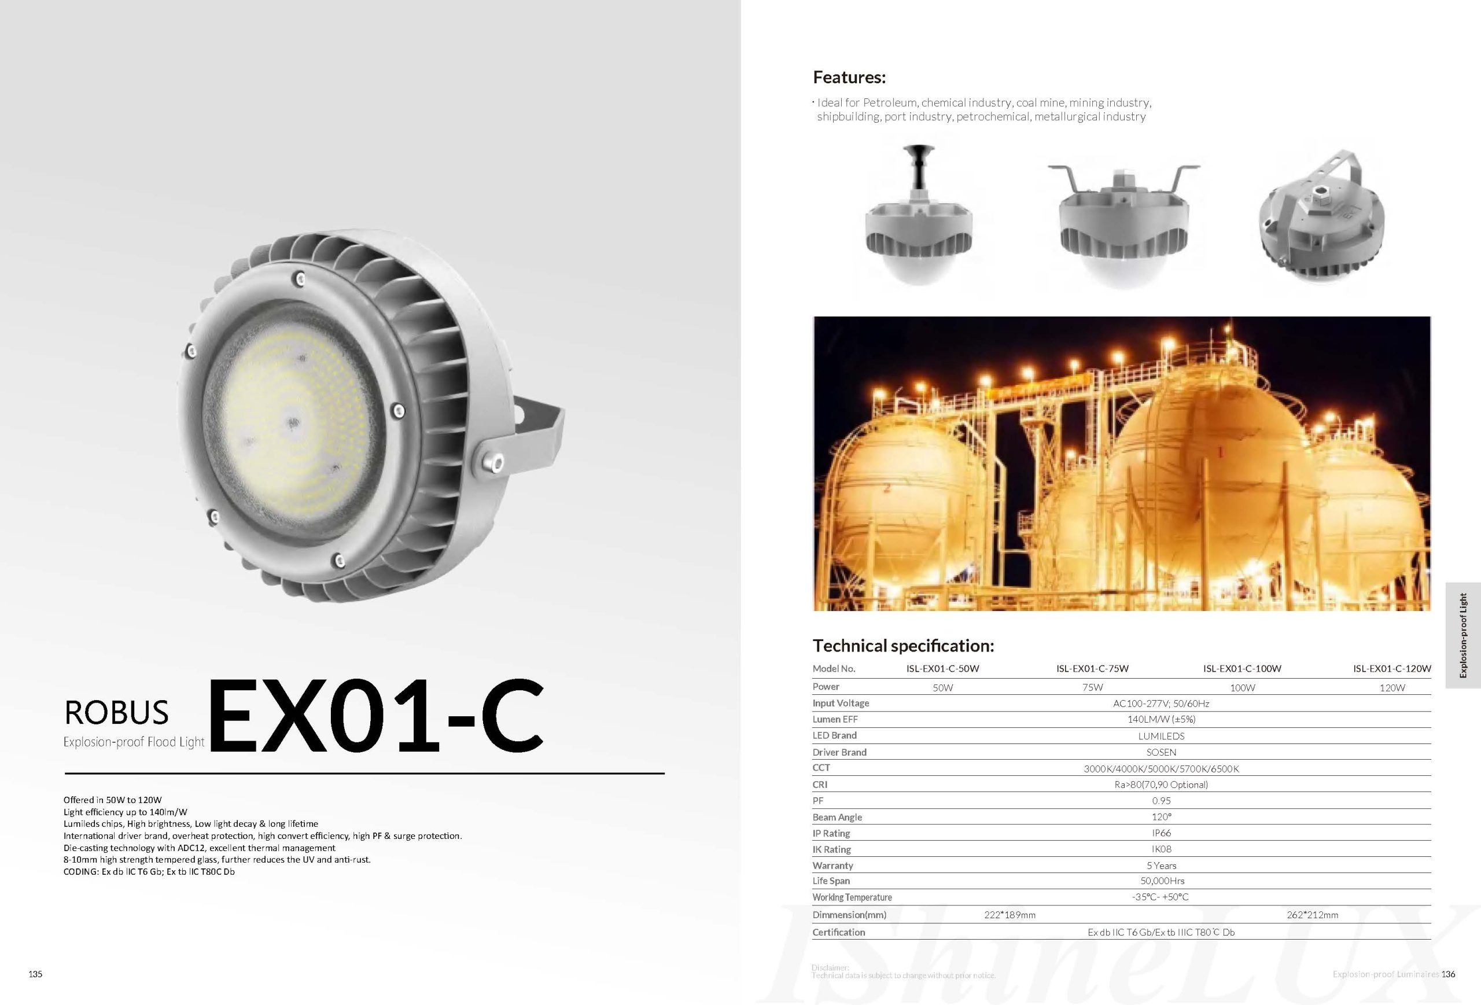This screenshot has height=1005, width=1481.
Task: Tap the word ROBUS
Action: (x=117, y=712)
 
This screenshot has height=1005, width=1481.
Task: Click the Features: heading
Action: (x=849, y=78)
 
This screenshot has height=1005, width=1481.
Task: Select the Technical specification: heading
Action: (x=903, y=646)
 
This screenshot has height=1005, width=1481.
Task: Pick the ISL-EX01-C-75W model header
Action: (x=1092, y=668)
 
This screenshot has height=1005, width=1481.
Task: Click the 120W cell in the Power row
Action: (x=1392, y=687)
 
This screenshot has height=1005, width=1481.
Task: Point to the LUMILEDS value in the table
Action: (x=1161, y=736)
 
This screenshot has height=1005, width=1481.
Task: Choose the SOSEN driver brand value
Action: (x=1161, y=752)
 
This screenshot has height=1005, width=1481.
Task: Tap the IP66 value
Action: (x=1161, y=833)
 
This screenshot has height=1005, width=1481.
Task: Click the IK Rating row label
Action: (x=832, y=849)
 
